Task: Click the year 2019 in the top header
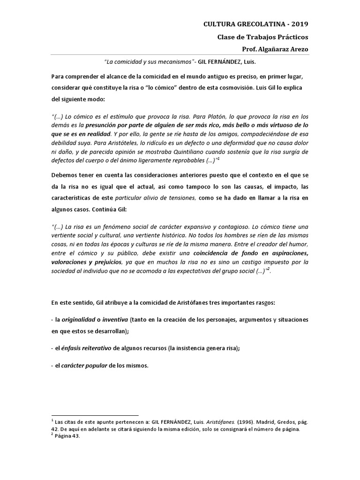[x=299, y=24]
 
